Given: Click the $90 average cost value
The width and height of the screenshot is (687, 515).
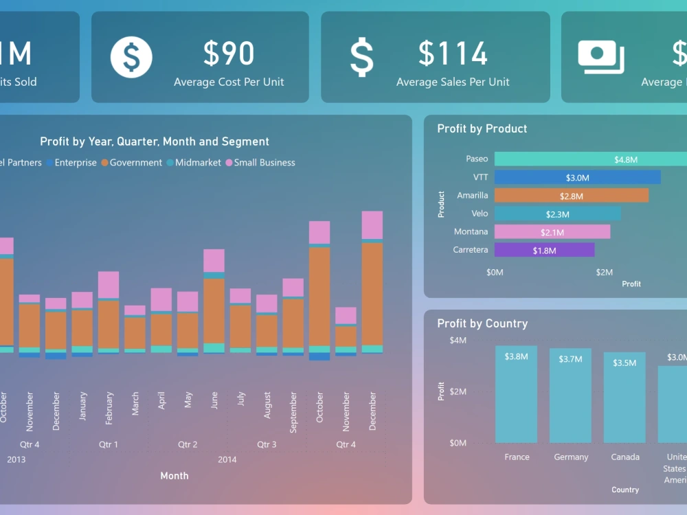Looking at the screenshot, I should coord(229,54).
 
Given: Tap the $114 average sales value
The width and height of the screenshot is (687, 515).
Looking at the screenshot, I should coord(453,54).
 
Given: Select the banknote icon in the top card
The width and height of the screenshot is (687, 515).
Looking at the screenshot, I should coord(600,57).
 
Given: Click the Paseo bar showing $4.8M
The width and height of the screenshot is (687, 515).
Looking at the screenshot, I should coord(589,159).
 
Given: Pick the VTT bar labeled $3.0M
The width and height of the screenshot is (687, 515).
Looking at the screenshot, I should coord(577,177).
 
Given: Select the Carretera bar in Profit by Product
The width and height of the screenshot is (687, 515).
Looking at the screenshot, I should coord(544,250).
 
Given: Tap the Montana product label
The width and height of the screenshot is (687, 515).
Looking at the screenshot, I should coord(471,231).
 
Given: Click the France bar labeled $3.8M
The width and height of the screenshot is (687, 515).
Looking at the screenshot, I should coord(516,394).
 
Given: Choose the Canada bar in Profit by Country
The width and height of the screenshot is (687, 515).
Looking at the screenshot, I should coord(624,397).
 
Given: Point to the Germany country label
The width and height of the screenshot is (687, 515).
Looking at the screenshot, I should coord(571,457).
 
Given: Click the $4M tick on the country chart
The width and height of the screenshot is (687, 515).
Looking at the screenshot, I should coord(458,341).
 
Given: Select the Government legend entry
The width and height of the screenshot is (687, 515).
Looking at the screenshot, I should coord(135,163).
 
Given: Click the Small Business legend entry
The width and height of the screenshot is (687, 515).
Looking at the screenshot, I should coord(264,163).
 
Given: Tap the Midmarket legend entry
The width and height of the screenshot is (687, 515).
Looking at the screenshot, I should coord(198,163).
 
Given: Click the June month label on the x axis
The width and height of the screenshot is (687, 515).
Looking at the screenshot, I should coord(214,400).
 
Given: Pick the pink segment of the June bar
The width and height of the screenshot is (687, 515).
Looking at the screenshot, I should coord(214,260).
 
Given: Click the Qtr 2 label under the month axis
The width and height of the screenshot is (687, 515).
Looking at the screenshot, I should coord(188,444).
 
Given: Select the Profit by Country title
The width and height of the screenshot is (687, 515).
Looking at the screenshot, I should coord(482,323).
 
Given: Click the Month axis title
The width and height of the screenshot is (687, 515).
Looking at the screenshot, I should coord(174,475).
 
